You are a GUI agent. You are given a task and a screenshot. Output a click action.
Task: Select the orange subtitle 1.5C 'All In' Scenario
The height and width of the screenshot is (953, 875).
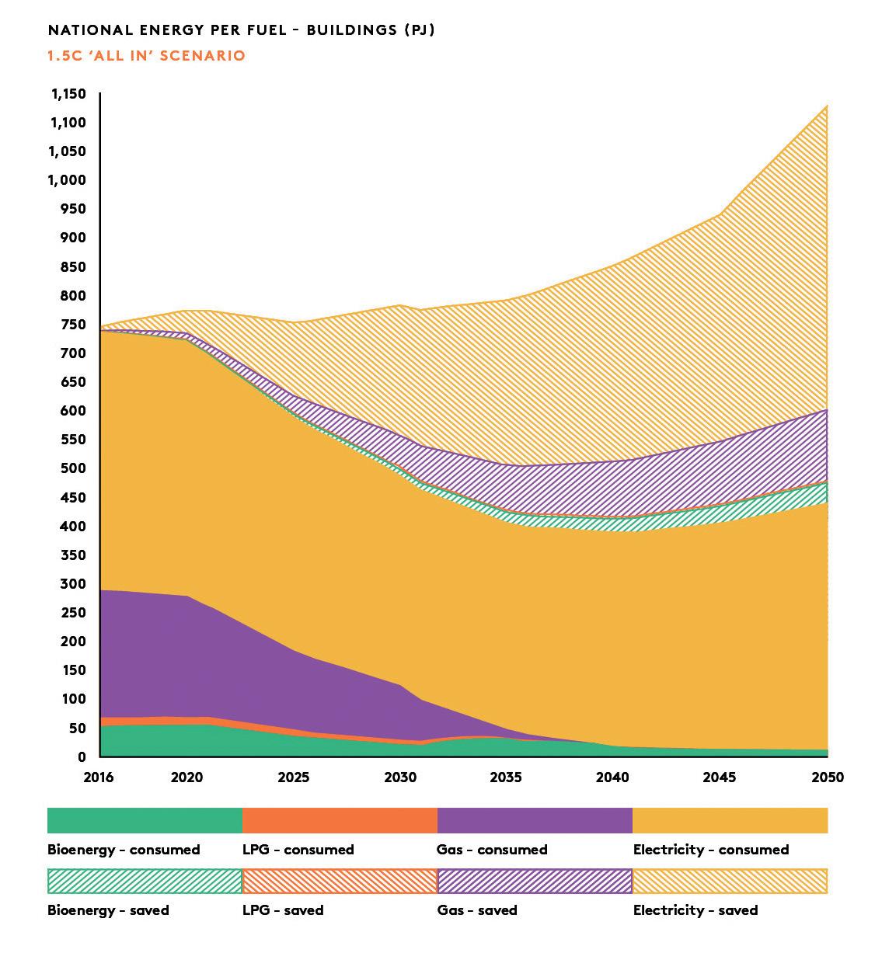(146, 56)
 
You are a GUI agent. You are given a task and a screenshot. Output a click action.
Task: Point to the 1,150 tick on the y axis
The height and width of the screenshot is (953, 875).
(68, 94)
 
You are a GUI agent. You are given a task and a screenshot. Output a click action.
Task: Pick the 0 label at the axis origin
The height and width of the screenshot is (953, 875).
(82, 756)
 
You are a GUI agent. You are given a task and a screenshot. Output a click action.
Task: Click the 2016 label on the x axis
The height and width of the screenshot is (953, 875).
(99, 777)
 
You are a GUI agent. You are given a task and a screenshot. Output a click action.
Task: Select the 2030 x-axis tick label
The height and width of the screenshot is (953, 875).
(400, 777)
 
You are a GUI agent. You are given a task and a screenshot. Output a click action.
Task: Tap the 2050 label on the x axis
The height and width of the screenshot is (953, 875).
(828, 777)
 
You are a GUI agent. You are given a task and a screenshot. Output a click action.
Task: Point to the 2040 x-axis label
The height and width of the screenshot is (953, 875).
(612, 777)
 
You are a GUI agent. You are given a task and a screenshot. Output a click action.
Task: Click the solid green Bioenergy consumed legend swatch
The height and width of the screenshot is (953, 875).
(145, 820)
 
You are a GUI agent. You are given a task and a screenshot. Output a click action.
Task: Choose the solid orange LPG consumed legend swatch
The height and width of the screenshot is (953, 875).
(340, 820)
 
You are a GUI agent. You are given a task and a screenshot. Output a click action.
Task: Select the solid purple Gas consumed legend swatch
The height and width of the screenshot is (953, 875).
(535, 820)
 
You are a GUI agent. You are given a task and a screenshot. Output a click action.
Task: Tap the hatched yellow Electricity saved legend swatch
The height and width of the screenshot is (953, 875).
(730, 881)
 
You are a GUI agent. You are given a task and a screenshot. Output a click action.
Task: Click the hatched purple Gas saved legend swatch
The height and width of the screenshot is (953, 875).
(535, 881)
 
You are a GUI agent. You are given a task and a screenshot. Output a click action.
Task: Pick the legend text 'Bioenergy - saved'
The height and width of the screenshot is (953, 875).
(108, 910)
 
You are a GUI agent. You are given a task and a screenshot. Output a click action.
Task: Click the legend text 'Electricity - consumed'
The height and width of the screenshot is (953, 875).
(710, 850)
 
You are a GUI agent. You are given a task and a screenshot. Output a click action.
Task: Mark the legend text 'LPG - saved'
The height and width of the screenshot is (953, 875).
(283, 910)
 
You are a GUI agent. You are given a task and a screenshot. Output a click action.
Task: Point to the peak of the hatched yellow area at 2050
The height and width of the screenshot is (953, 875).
(826, 106)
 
